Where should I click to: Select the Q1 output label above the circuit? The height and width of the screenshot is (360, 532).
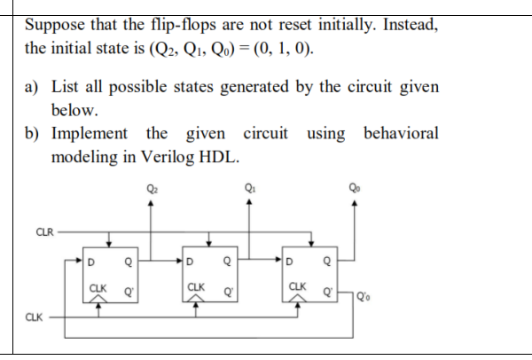click(252, 186)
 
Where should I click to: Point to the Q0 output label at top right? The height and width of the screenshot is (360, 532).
click(356, 186)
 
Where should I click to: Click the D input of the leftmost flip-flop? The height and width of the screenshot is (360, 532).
click(91, 262)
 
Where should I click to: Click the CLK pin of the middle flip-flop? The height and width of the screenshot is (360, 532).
click(194, 287)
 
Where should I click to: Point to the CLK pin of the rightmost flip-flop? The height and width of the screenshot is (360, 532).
click(294, 287)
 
